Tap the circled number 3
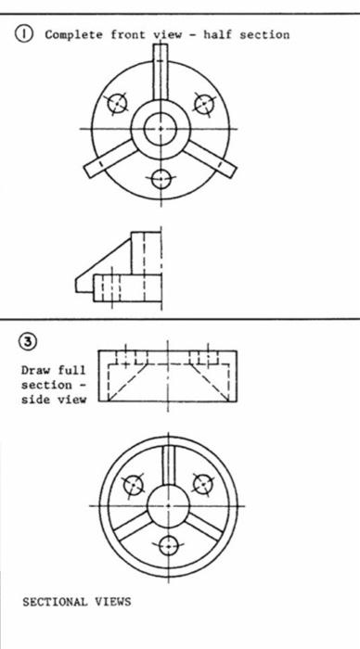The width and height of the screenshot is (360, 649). coord(31,341)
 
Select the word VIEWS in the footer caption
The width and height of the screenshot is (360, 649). coord(113,602)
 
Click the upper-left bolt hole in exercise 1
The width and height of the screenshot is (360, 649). coord(117,103)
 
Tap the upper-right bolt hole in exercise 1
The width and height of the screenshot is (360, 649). coord(203,103)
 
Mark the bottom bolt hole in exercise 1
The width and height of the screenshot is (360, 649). coord(161,178)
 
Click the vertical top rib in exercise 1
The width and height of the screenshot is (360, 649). coord(161,74)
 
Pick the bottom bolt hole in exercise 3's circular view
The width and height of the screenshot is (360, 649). coord(168,545)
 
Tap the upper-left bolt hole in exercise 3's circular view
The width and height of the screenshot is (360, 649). coord(135,483)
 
